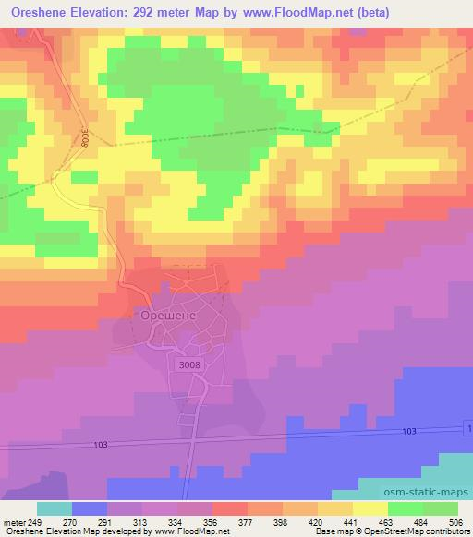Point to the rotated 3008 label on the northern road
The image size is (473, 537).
84,138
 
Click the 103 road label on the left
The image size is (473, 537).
101,444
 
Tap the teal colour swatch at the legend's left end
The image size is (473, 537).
55,508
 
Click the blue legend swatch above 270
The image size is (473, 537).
90,508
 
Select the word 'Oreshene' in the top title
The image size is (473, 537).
39,13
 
